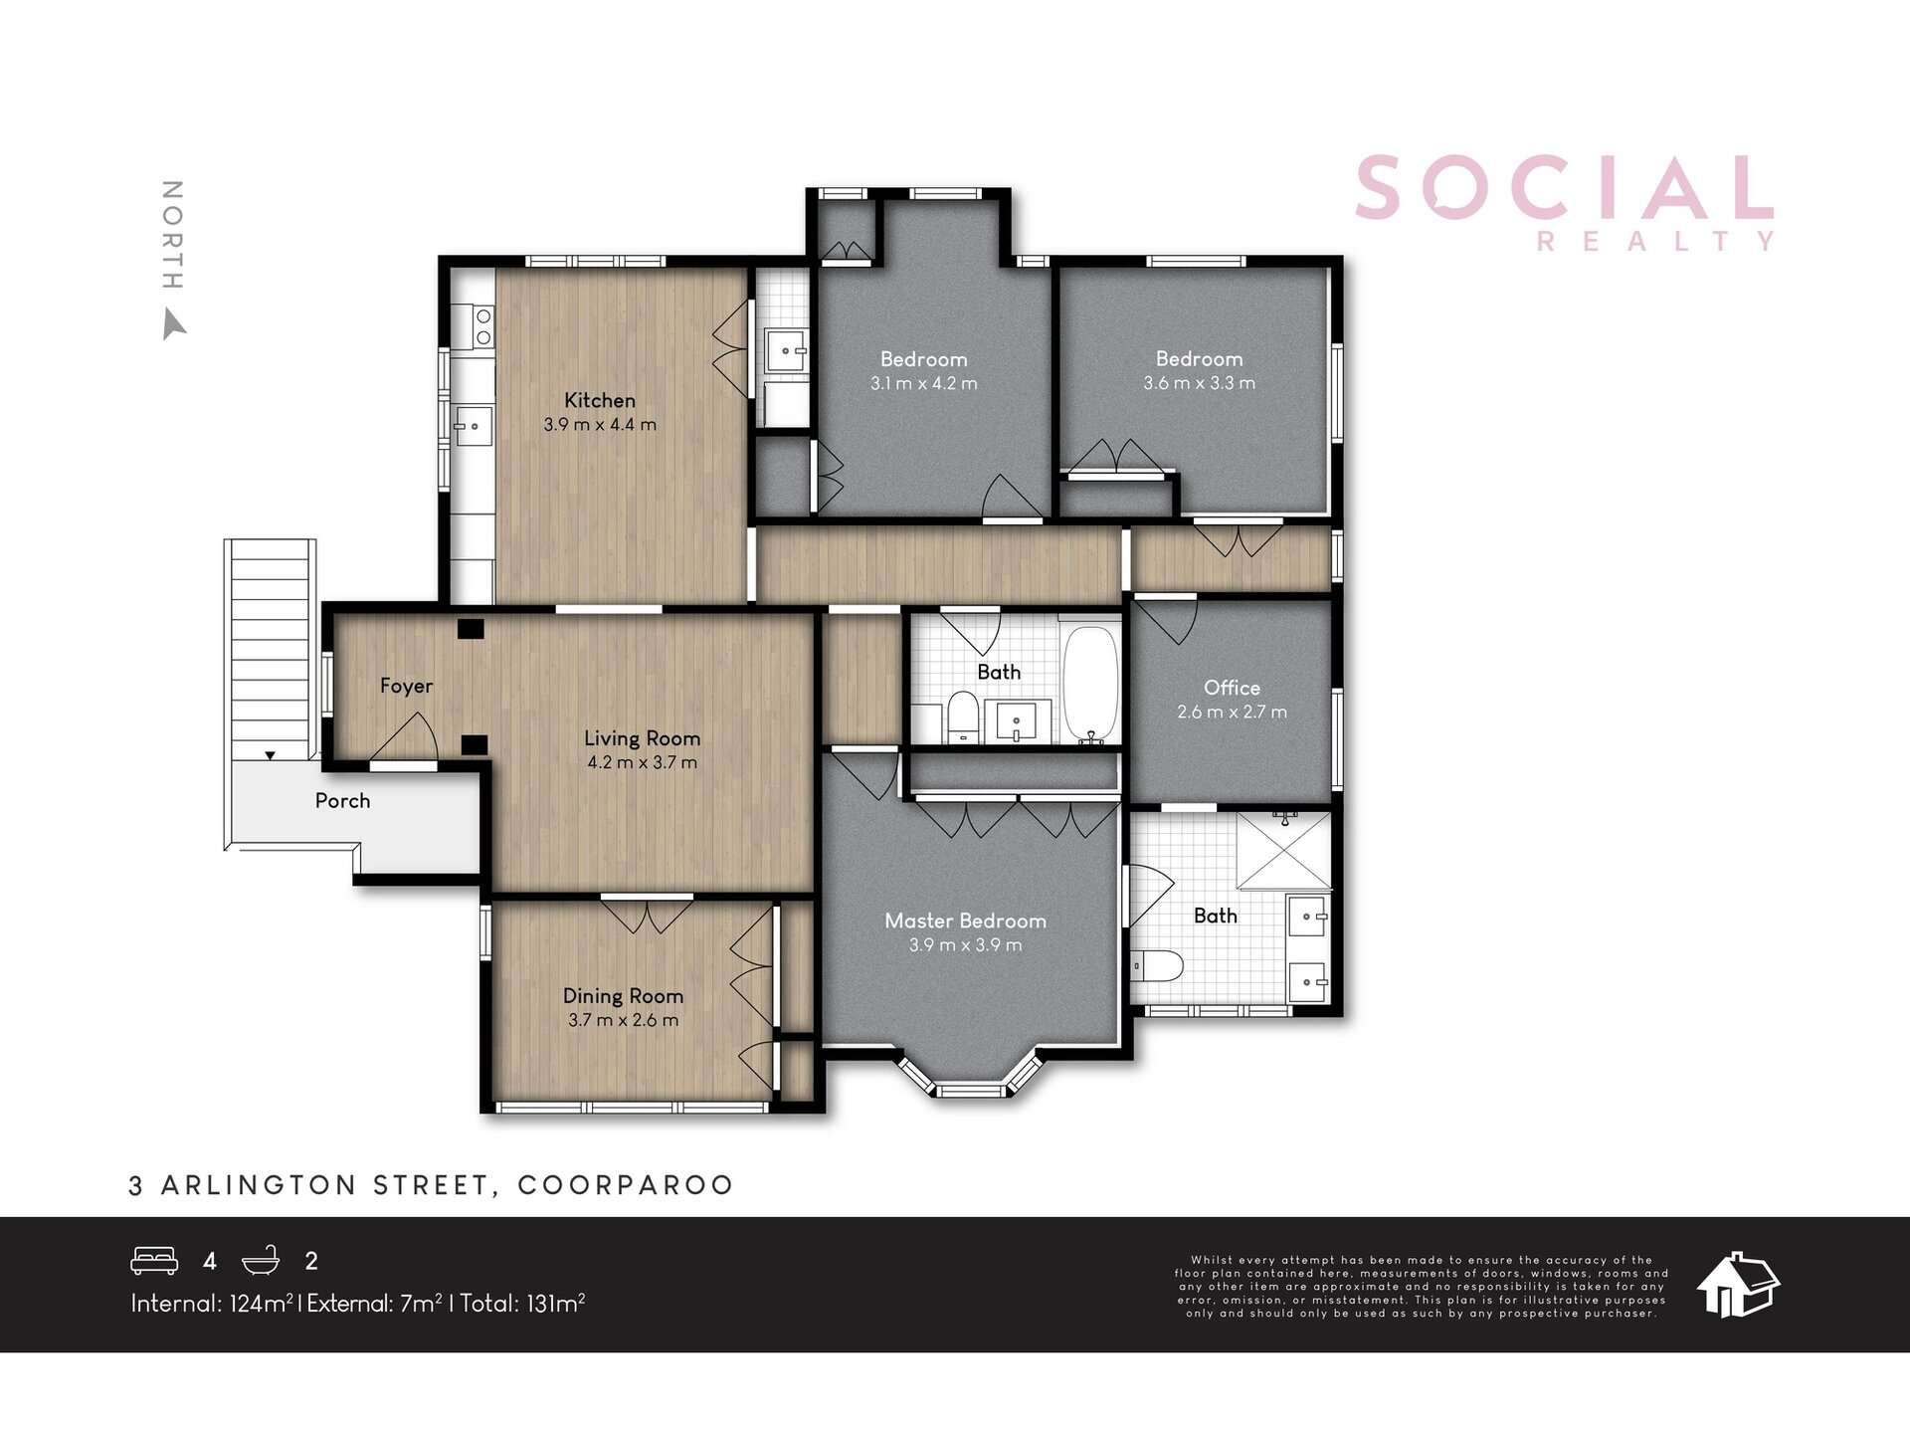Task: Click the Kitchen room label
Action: (600, 400)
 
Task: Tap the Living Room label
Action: (642, 738)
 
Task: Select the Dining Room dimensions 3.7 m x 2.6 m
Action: (624, 1020)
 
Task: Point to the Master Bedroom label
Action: (965, 921)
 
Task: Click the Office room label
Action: (1232, 688)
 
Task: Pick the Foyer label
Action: (406, 687)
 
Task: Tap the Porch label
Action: (342, 801)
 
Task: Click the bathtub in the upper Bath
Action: (1091, 685)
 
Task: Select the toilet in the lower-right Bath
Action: (1158, 964)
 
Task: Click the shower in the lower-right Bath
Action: (1283, 851)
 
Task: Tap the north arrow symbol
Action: (173, 324)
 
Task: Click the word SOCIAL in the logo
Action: (1565, 188)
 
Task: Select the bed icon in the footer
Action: (154, 1261)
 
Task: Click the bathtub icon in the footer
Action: (262, 1261)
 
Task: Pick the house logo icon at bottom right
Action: (1738, 1284)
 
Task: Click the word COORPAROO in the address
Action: (626, 1185)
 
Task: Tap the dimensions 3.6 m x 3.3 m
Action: (1200, 383)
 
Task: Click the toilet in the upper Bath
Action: (962, 717)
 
